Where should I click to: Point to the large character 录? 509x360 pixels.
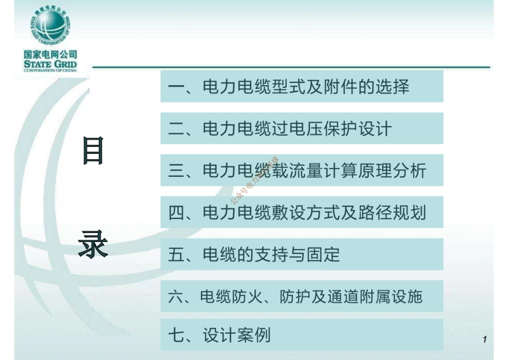(93, 246)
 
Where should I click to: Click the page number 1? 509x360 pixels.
(484, 339)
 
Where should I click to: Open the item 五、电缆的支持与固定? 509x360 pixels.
(254, 254)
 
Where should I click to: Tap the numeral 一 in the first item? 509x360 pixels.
(176, 87)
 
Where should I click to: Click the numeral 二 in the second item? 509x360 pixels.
(176, 129)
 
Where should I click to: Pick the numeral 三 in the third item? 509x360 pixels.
(176, 171)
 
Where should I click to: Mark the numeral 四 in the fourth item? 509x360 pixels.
(176, 213)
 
